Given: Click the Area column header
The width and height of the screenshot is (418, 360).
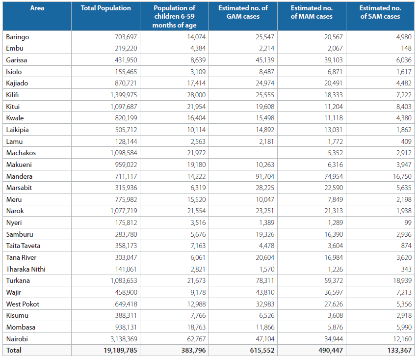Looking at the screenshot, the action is point(37,8).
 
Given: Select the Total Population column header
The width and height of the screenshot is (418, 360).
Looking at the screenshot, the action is point(106,8).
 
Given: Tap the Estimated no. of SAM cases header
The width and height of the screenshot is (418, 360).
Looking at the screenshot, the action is point(380,12).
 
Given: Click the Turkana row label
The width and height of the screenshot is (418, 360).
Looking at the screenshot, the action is point(18,280).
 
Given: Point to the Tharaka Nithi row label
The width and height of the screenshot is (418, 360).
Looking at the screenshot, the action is point(26,269).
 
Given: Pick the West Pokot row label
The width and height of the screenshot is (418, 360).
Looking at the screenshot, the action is point(23,304).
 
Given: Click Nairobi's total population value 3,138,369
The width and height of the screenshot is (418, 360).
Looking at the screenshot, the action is point(124,339).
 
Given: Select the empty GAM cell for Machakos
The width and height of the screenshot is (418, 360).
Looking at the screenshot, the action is point(243,153).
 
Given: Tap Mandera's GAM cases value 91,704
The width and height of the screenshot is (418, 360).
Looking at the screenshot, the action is point(265,176).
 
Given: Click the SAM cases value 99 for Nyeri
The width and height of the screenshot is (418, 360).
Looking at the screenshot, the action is point(408,222).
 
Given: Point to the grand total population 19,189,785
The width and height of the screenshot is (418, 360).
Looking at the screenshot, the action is point(121,350).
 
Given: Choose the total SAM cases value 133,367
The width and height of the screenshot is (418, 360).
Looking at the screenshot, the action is point(400,350).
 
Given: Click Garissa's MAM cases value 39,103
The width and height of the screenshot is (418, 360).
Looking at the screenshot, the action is point(334,60).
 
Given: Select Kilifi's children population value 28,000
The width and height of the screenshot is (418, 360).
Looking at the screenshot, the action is point(196,95).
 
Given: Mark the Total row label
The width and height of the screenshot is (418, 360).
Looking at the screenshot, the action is point(14,350).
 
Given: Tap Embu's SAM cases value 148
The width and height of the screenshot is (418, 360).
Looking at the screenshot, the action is point(406,48).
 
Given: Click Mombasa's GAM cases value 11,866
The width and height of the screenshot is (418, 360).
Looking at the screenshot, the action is point(265,327).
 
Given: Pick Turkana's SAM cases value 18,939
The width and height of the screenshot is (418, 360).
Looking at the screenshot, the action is point(402,280).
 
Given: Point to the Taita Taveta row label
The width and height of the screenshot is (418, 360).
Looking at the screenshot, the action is point(23,246).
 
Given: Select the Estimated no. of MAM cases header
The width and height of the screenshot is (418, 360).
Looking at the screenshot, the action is point(312,12).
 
